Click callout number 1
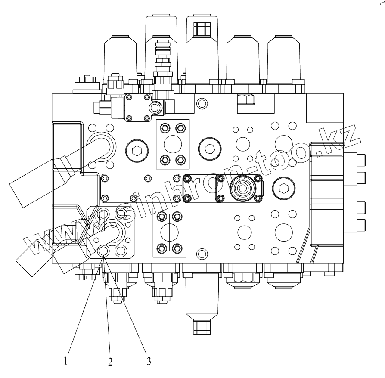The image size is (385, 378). point(65,361)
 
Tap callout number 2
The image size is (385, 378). point(110,362)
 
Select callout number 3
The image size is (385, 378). point(149,361)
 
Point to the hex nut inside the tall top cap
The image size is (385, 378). point(202,29)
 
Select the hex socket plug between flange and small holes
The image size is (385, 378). point(209,149)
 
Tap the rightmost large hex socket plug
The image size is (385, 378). point(284,188)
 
